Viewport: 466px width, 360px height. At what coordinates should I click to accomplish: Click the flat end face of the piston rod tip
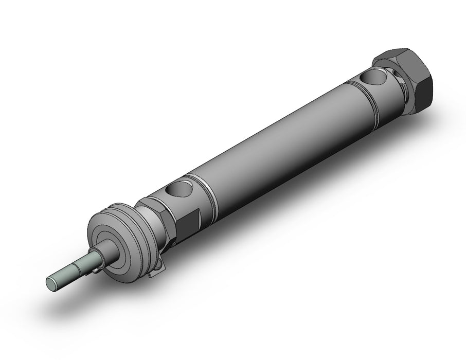[x=51, y=282]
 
